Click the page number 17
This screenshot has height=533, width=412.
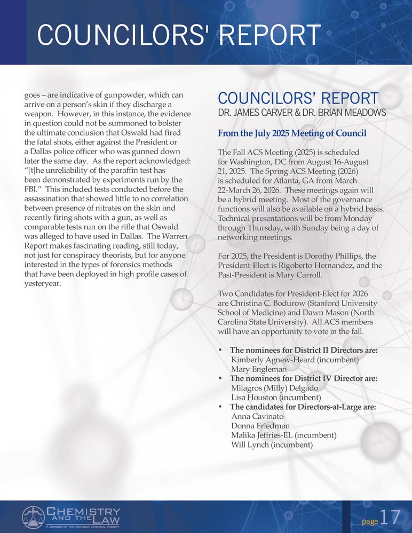tap(391, 518)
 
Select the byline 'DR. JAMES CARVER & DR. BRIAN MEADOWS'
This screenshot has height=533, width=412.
tap(302, 113)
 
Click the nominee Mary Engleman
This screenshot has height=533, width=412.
tap(259, 369)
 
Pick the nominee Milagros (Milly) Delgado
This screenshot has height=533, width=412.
tap(274, 388)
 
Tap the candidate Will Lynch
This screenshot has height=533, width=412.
tap(250, 445)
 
